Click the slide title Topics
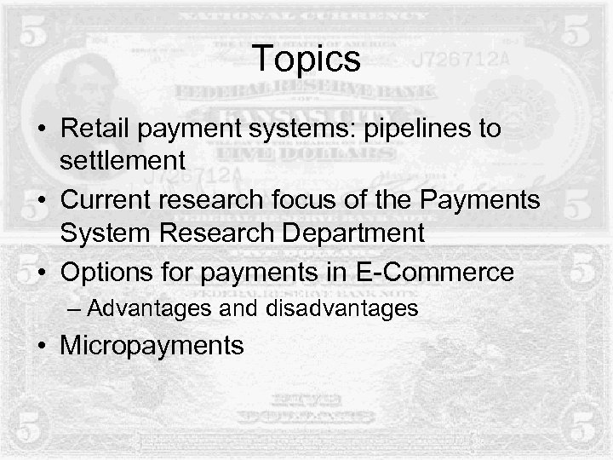[306, 59]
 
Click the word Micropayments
[151, 346]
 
